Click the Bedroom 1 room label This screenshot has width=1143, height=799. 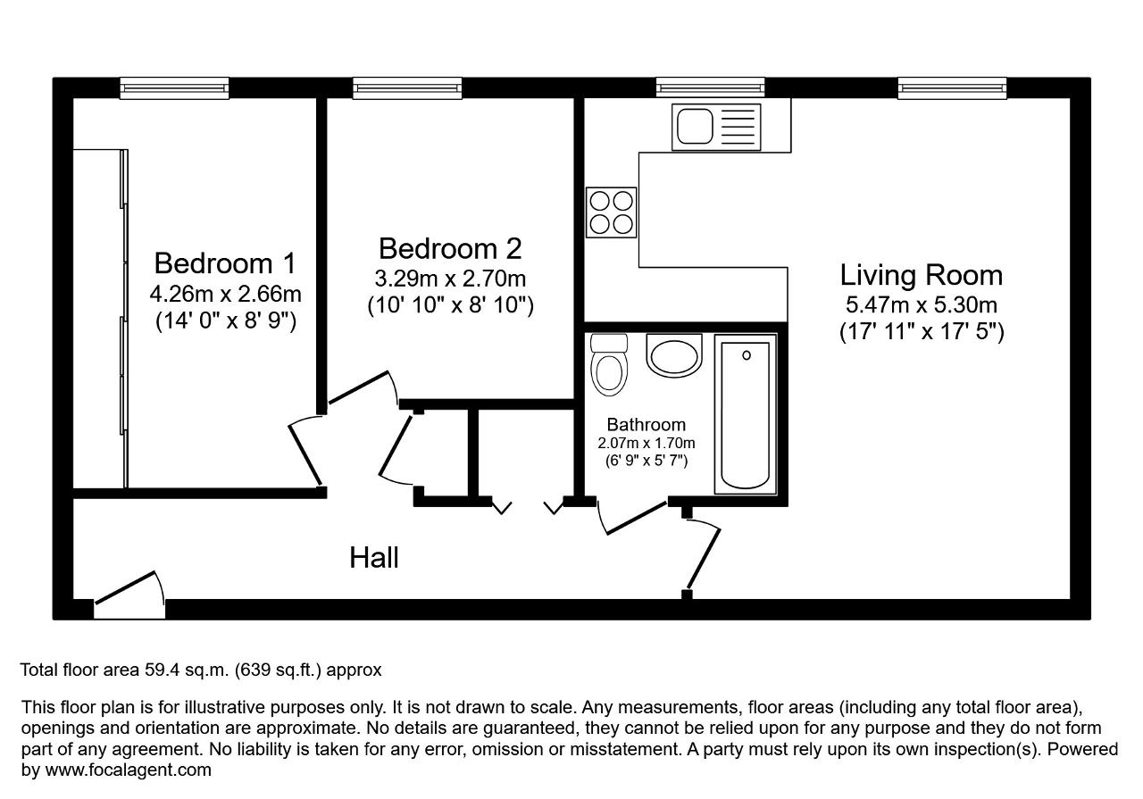pyautogui.click(x=225, y=263)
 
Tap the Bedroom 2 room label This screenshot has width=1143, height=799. pyautogui.click(x=450, y=248)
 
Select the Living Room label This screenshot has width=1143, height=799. pyautogui.click(x=922, y=276)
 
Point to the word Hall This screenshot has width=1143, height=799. pyautogui.click(x=374, y=558)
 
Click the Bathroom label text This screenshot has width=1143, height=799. pyautogui.click(x=646, y=425)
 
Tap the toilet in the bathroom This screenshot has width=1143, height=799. pyautogui.click(x=609, y=364)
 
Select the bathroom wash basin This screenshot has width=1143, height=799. pyautogui.click(x=674, y=355)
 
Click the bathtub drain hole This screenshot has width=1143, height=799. pyautogui.click(x=747, y=355)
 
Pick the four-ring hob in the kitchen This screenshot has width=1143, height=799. pyautogui.click(x=612, y=212)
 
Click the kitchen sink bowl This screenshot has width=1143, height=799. pyautogui.click(x=695, y=127)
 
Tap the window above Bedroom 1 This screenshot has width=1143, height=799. pyautogui.click(x=174, y=88)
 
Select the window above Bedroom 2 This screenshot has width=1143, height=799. pyautogui.click(x=407, y=88)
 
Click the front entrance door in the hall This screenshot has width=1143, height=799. pyautogui.click(x=129, y=595)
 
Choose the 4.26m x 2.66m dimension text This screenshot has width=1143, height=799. pyautogui.click(x=226, y=294)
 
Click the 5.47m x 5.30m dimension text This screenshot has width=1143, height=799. pyautogui.click(x=922, y=305)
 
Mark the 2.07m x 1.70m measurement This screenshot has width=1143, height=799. pyautogui.click(x=646, y=444)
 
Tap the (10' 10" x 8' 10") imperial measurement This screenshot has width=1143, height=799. pyautogui.click(x=451, y=305)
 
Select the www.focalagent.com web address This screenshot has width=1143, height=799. pyautogui.click(x=128, y=770)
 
